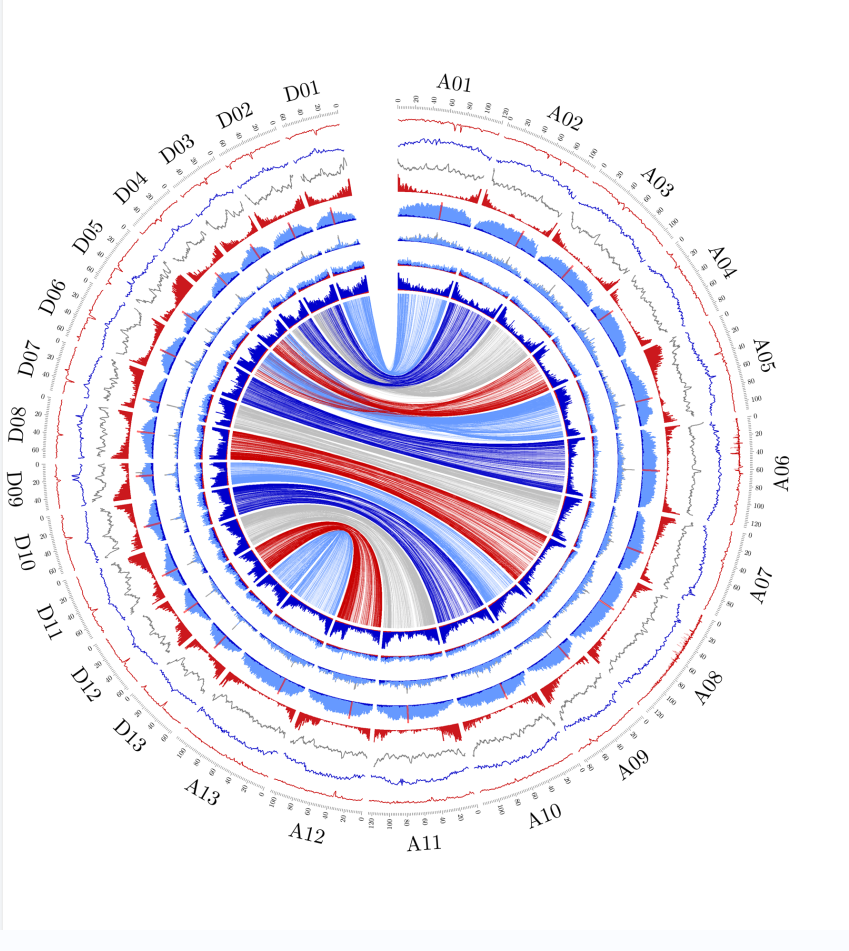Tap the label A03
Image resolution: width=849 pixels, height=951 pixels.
pos(657,180)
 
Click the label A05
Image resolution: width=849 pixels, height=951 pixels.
pos(764,352)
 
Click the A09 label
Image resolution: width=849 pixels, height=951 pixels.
pos(634,766)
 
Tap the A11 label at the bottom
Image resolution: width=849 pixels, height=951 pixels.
pos(424,843)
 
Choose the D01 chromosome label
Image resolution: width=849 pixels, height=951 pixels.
pos(301,92)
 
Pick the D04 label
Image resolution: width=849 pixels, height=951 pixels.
pos(130,188)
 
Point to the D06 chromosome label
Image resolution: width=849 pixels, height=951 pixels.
pos(53,296)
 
